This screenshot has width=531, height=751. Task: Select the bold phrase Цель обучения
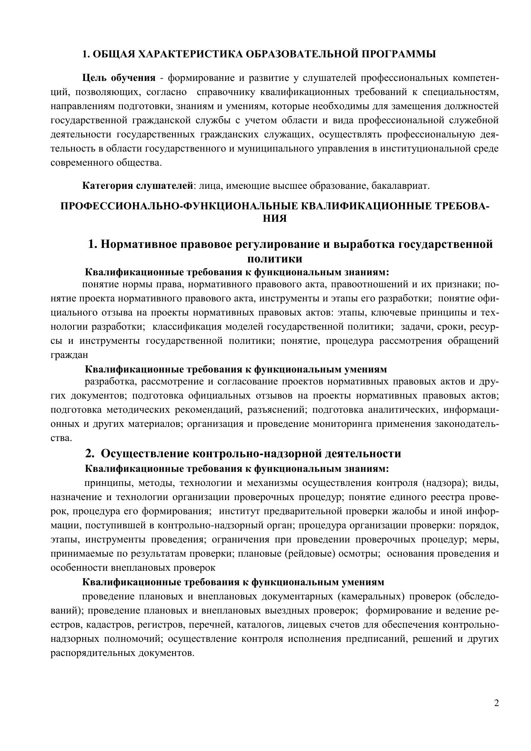(119, 78)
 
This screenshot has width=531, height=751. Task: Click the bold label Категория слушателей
(138, 186)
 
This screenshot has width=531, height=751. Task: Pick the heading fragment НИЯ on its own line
(274, 218)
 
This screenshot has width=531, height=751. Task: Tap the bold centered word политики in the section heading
(275, 259)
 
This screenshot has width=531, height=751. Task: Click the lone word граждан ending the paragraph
(69, 355)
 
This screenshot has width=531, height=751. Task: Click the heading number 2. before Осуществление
(89, 453)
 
